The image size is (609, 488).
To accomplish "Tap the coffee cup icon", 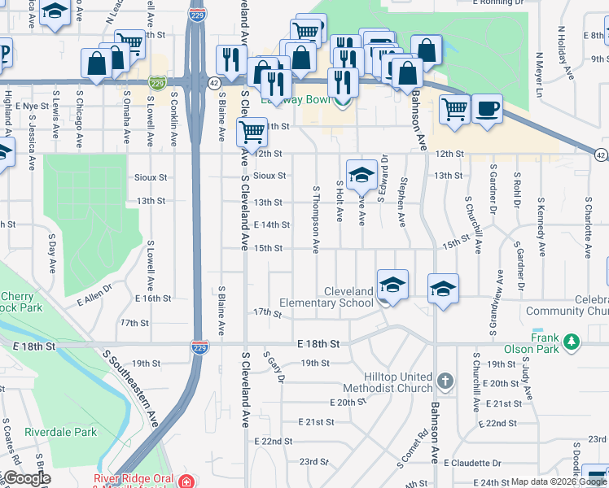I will pos(487,108).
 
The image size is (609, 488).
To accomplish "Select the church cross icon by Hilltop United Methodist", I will pos(445,380).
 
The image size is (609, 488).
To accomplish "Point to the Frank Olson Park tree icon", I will pos(572,340).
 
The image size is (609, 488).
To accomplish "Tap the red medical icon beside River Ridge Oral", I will pos(186,481).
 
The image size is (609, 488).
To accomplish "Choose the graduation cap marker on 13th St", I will pos(361,173).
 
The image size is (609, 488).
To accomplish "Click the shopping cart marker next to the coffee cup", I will pos(454,108).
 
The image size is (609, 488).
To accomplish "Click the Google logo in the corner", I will pos(26,478).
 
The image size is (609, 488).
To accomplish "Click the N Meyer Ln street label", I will pos(539,73).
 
